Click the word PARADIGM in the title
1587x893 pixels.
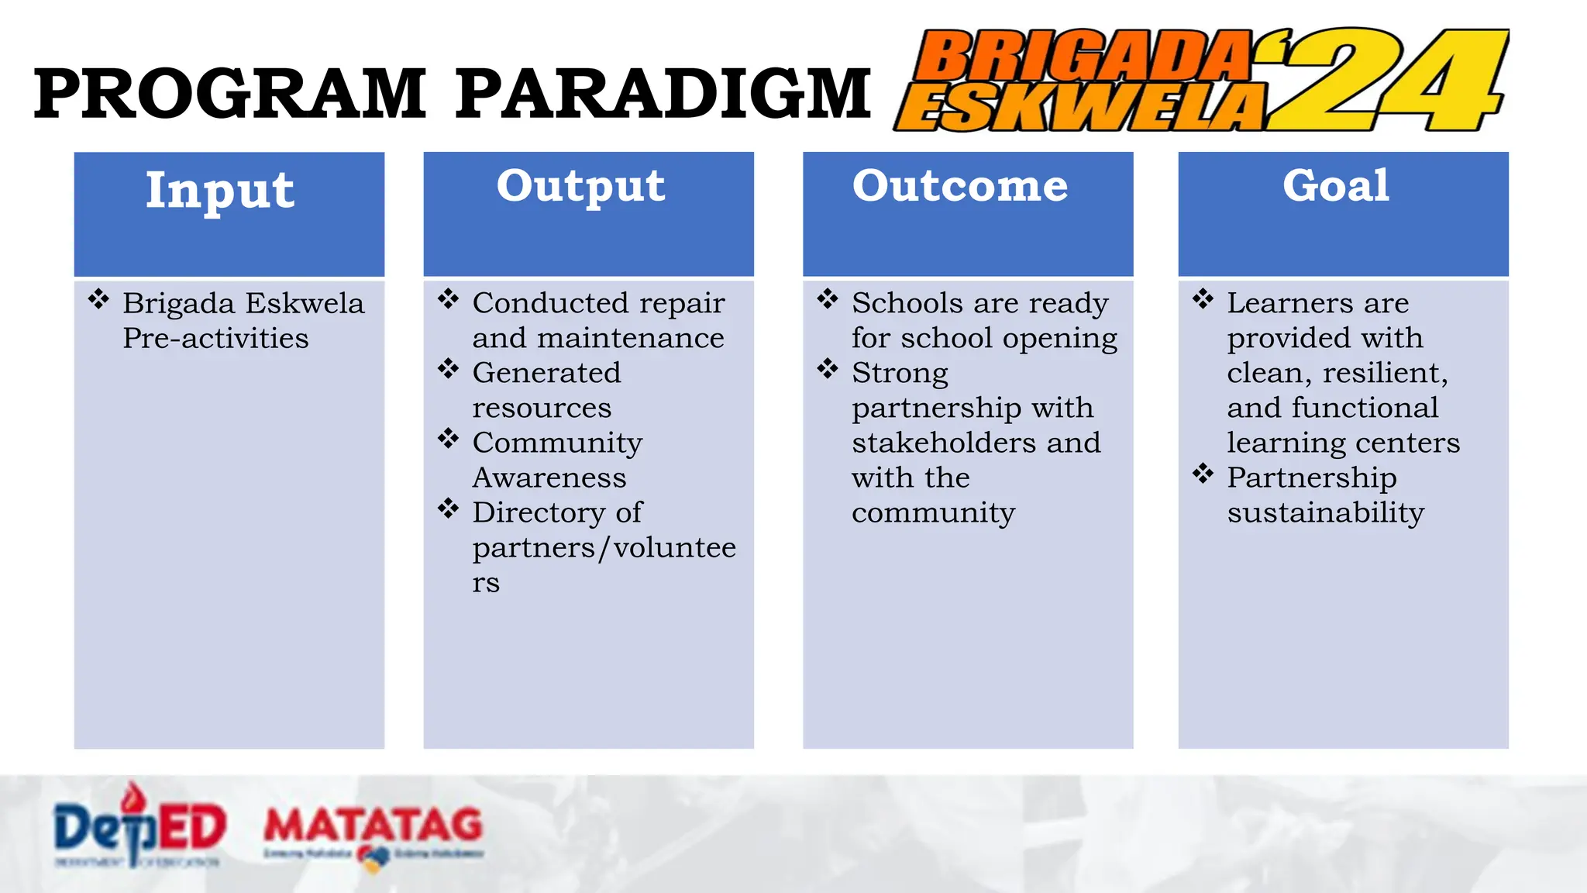coord(663,95)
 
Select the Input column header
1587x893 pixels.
coord(220,190)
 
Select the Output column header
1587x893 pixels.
coord(580,186)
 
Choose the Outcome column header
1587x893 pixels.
coord(960,186)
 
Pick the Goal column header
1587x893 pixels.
coord(1336,186)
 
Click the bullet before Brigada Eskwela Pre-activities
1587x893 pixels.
coord(98,299)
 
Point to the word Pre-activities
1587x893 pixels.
coord(215,339)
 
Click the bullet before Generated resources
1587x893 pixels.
coord(448,368)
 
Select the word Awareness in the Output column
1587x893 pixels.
coord(549,478)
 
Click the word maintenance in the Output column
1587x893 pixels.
coord(630,339)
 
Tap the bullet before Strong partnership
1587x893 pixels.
coord(828,368)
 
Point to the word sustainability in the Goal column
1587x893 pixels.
coord(1325,513)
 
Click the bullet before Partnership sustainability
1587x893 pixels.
coord(1203,473)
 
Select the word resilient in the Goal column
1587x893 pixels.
coord(1384,374)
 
